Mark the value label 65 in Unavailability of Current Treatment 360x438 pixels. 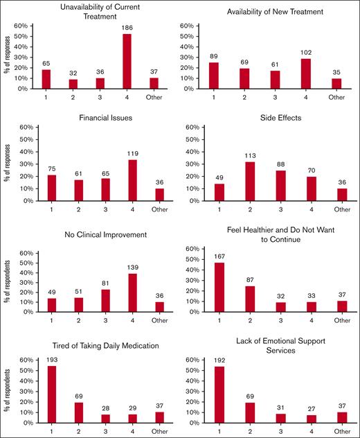click(46, 62)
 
